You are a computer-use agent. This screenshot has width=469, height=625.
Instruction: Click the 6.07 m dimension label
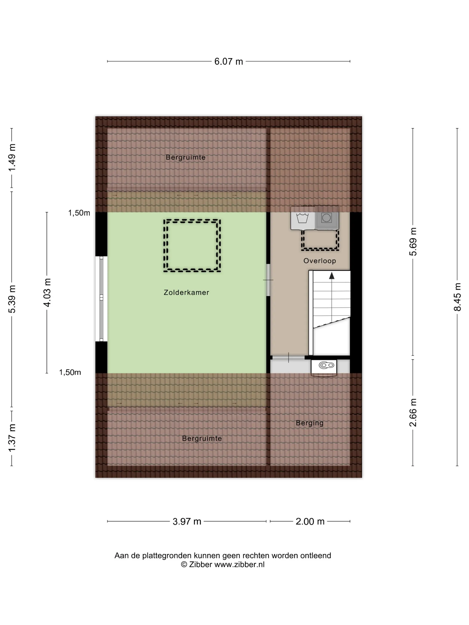(228, 61)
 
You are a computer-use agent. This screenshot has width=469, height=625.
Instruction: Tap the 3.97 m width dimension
(187, 521)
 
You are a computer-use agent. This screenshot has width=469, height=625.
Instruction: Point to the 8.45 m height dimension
(457, 297)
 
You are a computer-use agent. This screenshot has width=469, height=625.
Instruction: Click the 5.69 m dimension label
(413, 242)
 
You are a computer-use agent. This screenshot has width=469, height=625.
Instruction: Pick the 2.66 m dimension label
(413, 412)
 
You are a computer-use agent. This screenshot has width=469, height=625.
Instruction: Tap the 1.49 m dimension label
(12, 157)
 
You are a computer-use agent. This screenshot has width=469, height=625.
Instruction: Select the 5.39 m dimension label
(12, 299)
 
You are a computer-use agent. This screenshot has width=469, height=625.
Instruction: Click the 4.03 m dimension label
(47, 292)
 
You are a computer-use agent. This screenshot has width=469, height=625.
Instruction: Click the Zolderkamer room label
(186, 292)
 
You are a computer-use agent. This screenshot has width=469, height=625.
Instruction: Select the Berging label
(310, 423)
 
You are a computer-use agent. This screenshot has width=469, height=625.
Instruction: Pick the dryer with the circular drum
(327, 218)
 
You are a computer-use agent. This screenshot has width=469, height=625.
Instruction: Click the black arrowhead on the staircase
(332, 275)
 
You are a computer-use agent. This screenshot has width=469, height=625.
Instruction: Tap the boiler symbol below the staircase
(324, 368)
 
